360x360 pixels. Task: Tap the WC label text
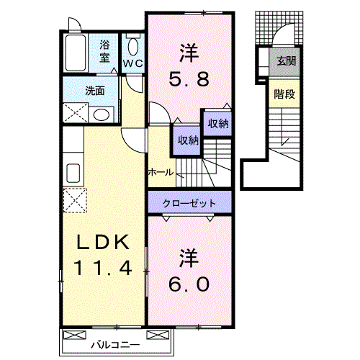tap(133, 63)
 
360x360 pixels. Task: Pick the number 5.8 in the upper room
tap(190, 79)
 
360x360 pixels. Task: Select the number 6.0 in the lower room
tap(190, 284)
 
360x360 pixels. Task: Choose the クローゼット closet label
tap(191, 204)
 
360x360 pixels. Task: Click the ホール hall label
tap(160, 172)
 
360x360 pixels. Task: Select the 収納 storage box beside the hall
tap(184, 140)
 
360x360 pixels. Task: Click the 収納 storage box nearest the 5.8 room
tap(217, 124)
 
